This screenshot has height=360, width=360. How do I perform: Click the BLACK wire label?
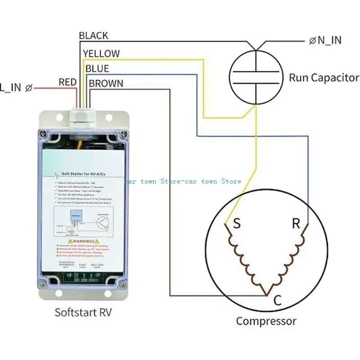click(x=94, y=35)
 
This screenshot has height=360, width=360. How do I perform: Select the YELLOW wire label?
click(x=101, y=54)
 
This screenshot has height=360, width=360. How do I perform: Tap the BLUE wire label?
click(x=97, y=68)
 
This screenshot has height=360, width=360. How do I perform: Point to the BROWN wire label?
click(x=106, y=83)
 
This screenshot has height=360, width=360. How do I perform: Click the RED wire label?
click(x=67, y=82)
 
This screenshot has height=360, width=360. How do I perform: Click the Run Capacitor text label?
click(x=324, y=77)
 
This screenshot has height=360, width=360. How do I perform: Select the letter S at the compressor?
click(x=235, y=224)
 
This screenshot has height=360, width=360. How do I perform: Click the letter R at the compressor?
click(x=296, y=224)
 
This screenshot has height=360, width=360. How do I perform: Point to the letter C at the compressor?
click(x=278, y=301)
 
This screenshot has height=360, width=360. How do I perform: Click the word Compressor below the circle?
click(x=266, y=321)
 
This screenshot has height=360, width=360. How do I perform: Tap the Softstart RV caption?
click(x=83, y=311)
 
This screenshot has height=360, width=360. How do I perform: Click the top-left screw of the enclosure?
click(x=42, y=133)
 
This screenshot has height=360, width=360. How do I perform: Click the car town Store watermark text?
click(x=182, y=181)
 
